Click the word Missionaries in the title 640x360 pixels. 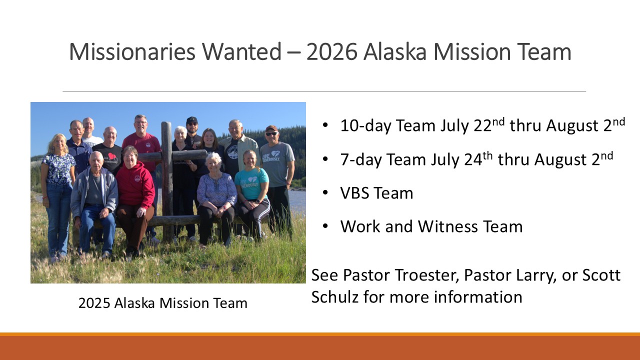point(132,51)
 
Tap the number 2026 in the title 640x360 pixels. point(331,51)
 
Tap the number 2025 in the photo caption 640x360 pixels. point(94,303)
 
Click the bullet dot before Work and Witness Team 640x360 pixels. point(325,226)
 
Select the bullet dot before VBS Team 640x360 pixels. point(325,193)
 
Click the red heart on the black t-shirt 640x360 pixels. point(111,156)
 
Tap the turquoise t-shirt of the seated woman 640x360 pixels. point(251,183)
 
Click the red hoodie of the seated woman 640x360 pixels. point(135,185)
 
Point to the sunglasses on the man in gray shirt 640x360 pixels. point(271,133)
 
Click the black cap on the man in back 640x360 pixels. point(191,119)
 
